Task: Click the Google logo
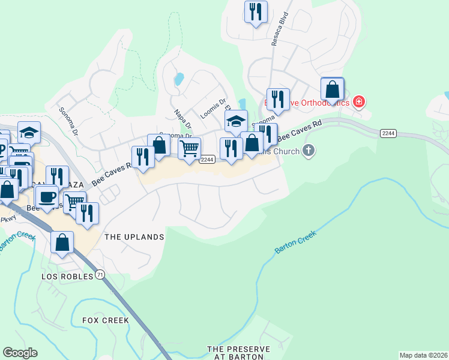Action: (x=20, y=353)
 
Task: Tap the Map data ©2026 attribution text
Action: (x=423, y=355)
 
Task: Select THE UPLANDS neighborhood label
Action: (x=134, y=237)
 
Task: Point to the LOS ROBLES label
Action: (x=67, y=277)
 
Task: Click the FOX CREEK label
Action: (x=106, y=320)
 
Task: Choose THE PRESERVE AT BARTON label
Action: (x=238, y=353)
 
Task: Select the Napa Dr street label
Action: (x=182, y=118)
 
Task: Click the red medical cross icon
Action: (x=359, y=102)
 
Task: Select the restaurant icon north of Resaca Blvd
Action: (x=256, y=12)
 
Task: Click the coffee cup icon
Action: (x=46, y=196)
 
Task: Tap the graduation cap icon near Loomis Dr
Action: (x=237, y=121)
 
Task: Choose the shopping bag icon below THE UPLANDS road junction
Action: (x=62, y=242)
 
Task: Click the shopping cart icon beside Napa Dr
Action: (x=190, y=148)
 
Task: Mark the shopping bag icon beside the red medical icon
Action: (x=332, y=89)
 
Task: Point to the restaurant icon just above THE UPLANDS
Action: (x=87, y=213)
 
